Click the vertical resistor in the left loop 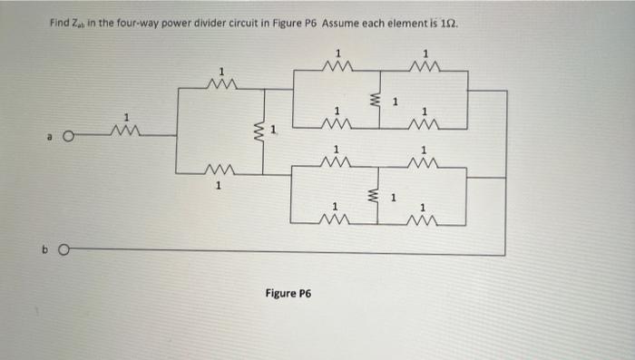pyautogui.click(x=264, y=136)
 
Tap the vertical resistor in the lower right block pyautogui.click(x=371, y=195)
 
